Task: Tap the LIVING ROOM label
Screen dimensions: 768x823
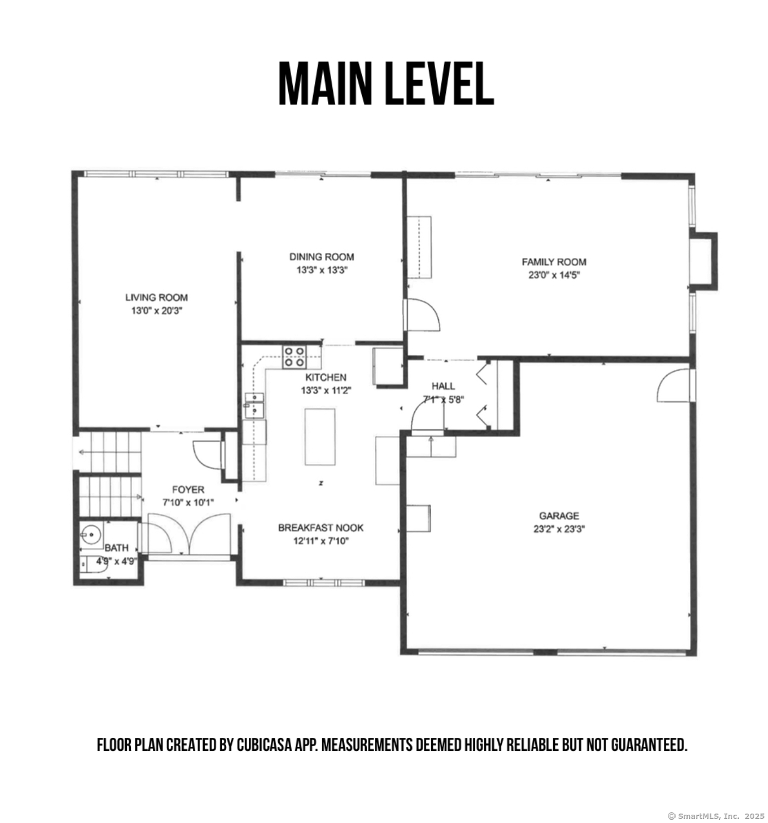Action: [156, 297]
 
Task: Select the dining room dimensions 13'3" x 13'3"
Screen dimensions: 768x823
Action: [321, 270]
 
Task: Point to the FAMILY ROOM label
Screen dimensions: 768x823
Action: [554, 262]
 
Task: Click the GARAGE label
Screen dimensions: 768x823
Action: [558, 516]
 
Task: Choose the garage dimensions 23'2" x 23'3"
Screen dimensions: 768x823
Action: [559, 529]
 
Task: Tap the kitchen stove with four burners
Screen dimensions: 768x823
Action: [294, 357]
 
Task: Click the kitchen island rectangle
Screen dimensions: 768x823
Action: [320, 437]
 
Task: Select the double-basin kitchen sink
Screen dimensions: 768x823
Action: [254, 406]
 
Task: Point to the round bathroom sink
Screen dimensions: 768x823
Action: [92, 535]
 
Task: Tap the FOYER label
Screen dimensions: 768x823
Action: [188, 490]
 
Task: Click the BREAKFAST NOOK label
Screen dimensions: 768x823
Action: [321, 528]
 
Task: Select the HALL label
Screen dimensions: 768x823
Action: [443, 386]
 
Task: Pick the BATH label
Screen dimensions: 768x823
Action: [117, 548]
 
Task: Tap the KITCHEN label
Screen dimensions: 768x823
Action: [326, 377]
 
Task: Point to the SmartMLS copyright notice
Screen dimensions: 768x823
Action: [716, 816]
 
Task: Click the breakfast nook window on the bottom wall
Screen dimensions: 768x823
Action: [324, 582]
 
